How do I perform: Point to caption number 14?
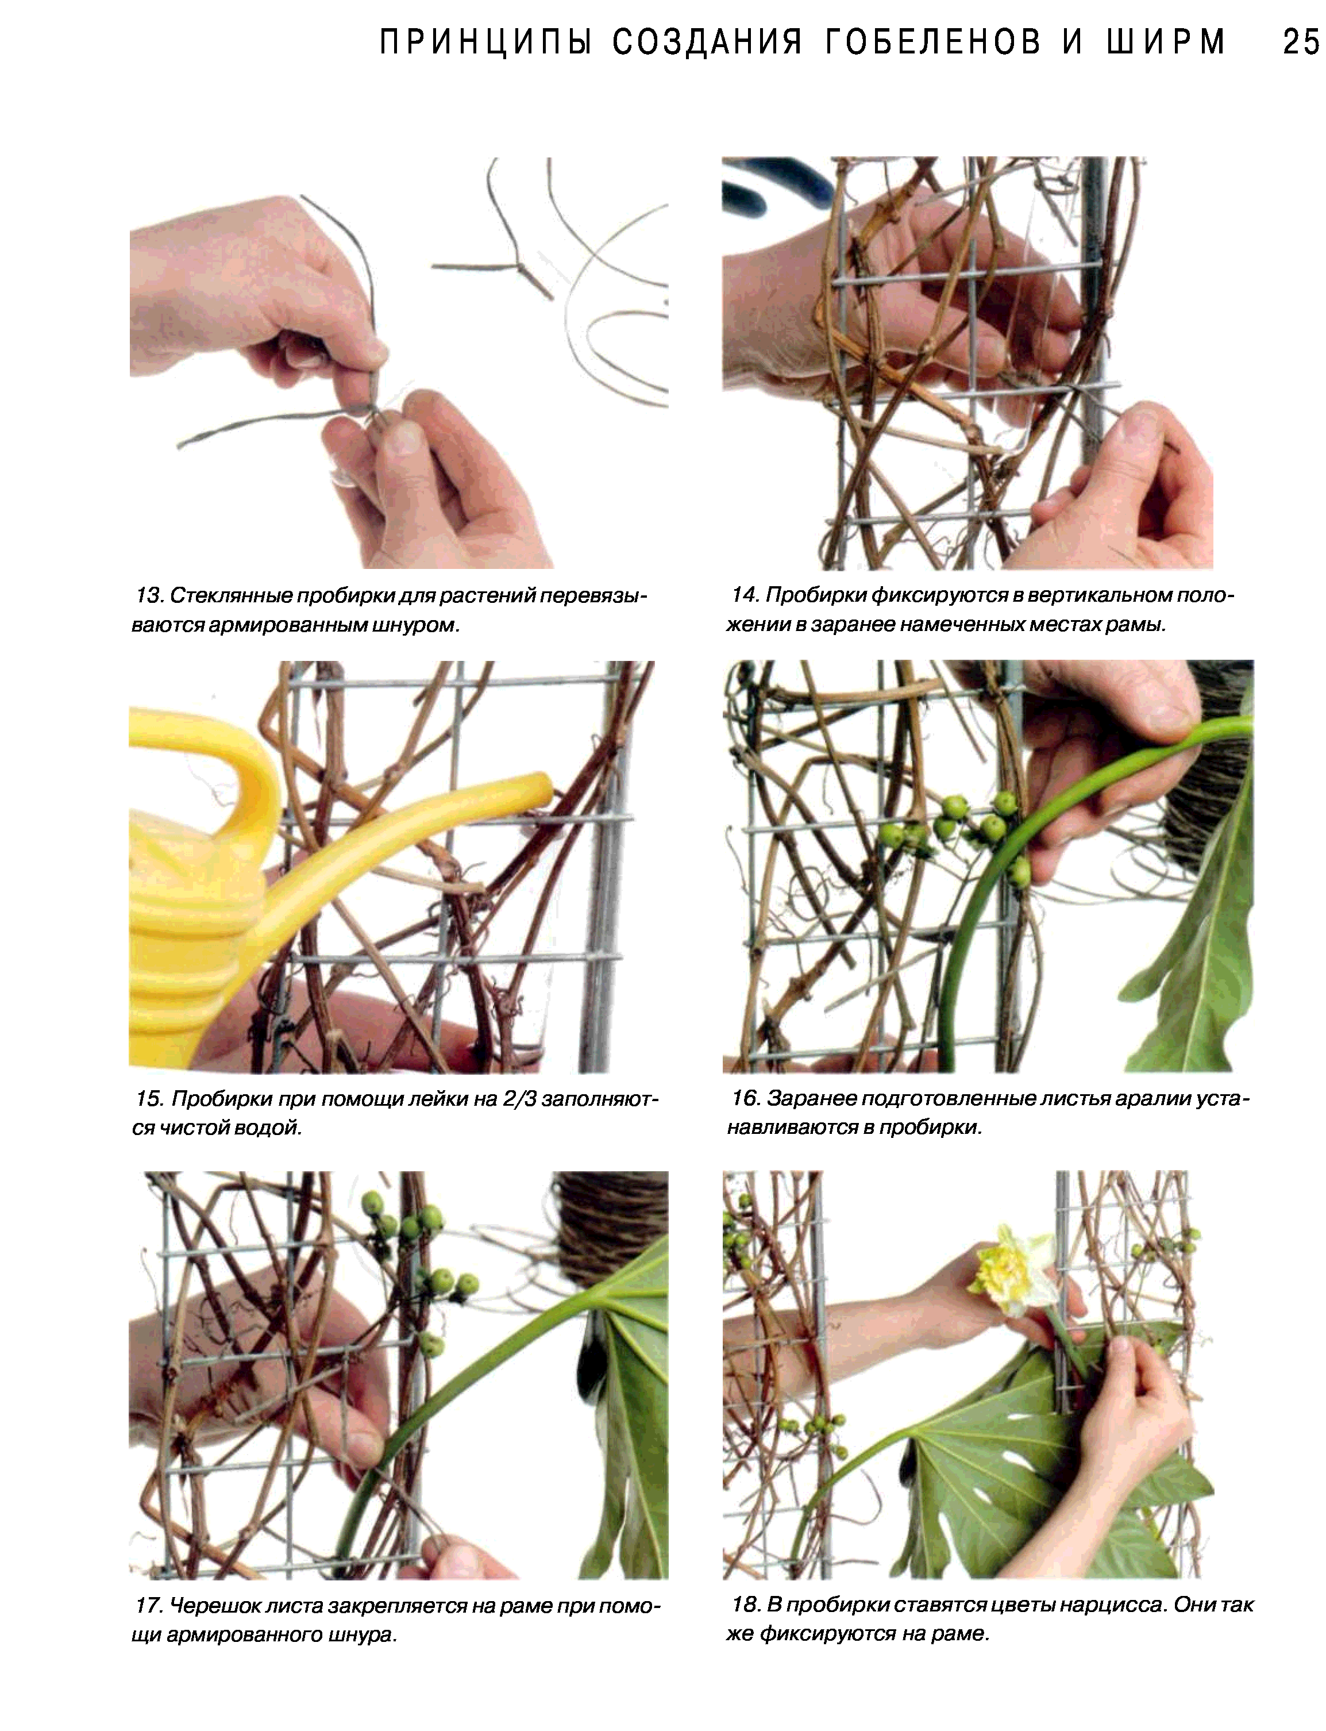click(745, 595)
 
